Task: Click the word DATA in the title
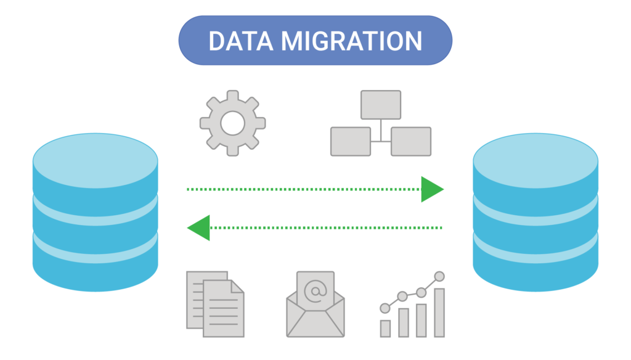[x=241, y=41]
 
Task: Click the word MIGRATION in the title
[x=351, y=41]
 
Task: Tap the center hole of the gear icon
[x=232, y=123]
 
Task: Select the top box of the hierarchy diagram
[x=381, y=105]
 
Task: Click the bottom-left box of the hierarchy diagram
[x=351, y=141]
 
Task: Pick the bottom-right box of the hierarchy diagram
[x=411, y=141]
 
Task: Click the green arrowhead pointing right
[x=432, y=189]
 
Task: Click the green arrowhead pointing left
[x=199, y=228]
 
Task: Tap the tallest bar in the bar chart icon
[x=439, y=313]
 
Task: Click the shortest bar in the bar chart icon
[x=386, y=329]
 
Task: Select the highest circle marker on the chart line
[x=439, y=276]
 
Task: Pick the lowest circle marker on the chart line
[x=385, y=308]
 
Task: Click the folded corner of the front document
[x=237, y=287]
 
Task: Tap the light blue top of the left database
[x=96, y=161]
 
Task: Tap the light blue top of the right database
[x=535, y=161]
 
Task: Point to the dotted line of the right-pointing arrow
[x=304, y=189]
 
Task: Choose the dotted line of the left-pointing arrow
[x=326, y=228]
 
